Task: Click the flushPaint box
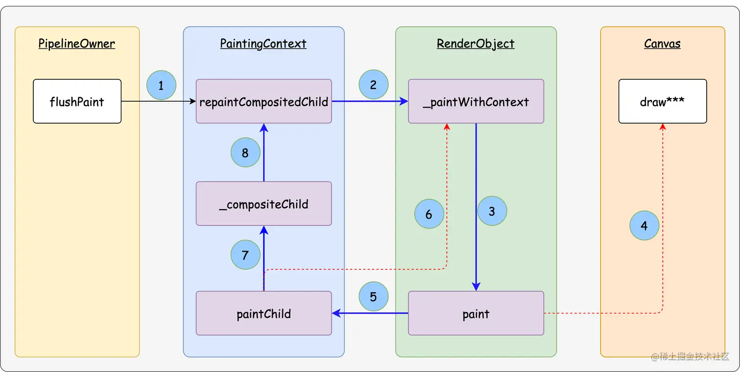(x=77, y=101)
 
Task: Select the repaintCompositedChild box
(x=264, y=101)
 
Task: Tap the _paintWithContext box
(x=476, y=101)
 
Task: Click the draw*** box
(x=662, y=101)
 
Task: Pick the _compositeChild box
(x=264, y=204)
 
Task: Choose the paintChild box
(x=264, y=313)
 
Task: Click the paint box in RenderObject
(x=476, y=313)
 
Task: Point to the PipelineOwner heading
(x=77, y=44)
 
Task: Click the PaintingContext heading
(x=263, y=44)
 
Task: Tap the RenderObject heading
(x=475, y=44)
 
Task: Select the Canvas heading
(x=662, y=44)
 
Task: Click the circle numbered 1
(x=161, y=85)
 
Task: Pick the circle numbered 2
(x=373, y=85)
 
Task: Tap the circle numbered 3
(x=492, y=211)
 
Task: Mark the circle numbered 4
(x=644, y=225)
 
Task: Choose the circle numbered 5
(x=373, y=296)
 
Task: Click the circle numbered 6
(x=429, y=214)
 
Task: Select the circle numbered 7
(x=245, y=255)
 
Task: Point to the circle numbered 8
(x=245, y=153)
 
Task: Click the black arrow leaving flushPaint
(x=159, y=101)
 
